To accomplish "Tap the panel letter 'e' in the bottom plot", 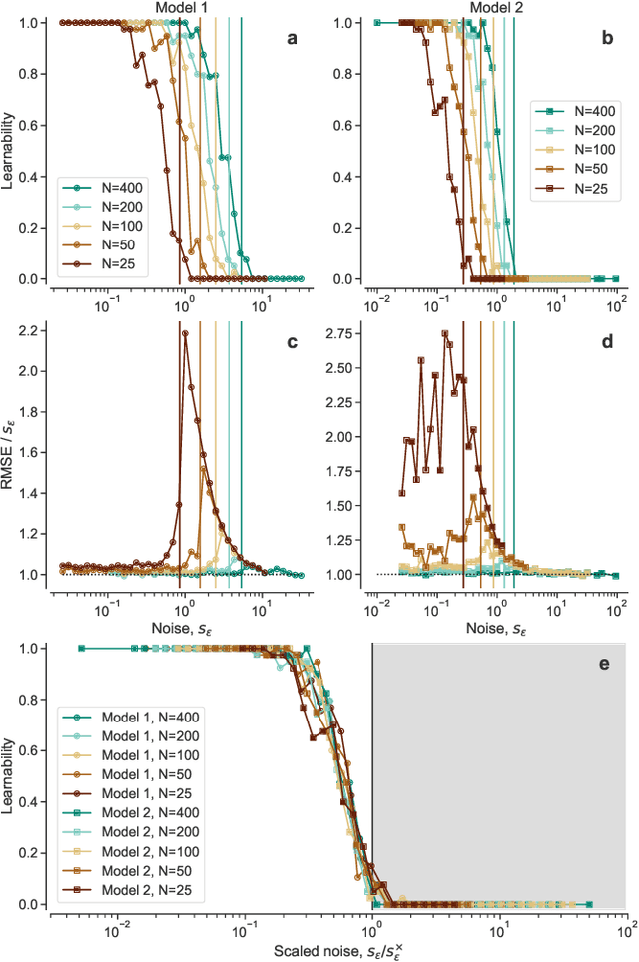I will (x=603, y=663).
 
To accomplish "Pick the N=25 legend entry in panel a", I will (x=109, y=264).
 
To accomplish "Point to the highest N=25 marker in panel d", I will (x=445, y=334).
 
